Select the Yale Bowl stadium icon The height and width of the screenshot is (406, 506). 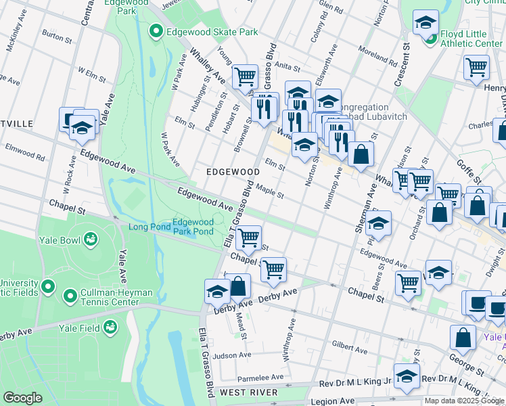coord(90,239)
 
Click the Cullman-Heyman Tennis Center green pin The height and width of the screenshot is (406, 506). coord(70,296)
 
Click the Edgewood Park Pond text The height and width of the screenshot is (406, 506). coord(193,227)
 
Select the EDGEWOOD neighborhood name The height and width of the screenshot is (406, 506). coord(233,173)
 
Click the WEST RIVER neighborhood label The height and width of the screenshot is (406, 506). coord(248,392)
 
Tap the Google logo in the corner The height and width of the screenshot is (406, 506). coord(22,398)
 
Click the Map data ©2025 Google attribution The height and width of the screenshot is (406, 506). coord(464,401)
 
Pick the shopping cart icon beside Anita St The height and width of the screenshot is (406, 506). coord(245,76)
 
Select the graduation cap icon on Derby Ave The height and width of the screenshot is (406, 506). coord(217,292)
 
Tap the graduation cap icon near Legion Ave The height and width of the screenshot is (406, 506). coord(407,376)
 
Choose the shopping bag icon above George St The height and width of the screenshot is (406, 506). coord(463,338)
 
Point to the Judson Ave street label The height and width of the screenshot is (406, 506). coord(232,355)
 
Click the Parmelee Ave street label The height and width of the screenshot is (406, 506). coord(260,377)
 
